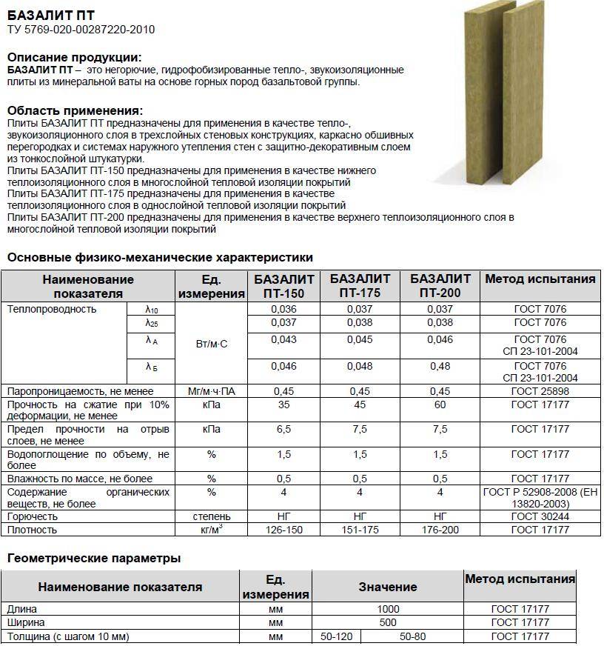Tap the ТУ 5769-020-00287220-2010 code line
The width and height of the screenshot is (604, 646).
tap(81, 30)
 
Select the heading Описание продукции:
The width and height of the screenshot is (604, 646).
tap(74, 57)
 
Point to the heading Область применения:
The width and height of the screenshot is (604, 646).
tap(75, 110)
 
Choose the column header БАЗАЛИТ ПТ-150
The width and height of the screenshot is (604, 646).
tap(284, 286)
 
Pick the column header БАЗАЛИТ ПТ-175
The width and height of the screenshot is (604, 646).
tap(360, 286)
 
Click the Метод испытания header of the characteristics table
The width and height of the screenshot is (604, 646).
tap(540, 279)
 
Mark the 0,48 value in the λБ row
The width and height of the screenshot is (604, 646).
tap(440, 366)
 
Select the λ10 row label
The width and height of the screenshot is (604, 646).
tap(152, 309)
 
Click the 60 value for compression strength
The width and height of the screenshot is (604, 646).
tap(440, 404)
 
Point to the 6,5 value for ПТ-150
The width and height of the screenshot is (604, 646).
tap(284, 429)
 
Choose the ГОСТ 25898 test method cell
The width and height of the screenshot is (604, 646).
tap(540, 390)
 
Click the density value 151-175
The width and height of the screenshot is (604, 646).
tap(360, 530)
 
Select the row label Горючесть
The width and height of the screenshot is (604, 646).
tap(32, 516)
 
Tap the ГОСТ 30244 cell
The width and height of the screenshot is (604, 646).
tap(540, 516)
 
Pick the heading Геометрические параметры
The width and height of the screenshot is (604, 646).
tap(94, 558)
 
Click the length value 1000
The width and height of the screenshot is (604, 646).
tap(387, 609)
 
